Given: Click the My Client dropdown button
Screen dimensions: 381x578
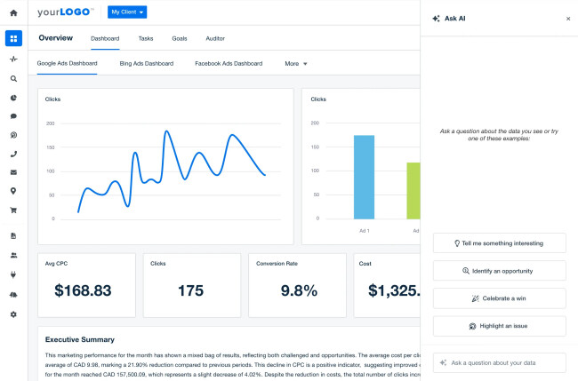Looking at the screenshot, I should click(128, 12).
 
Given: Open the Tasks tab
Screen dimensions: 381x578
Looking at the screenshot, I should click(146, 39).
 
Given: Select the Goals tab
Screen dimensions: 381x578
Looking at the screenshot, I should click(179, 39).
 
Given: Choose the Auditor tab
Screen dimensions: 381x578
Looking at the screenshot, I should click(214, 39).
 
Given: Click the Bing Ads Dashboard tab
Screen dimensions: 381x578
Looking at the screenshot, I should click(146, 64).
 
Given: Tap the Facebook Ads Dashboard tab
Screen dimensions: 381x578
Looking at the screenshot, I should click(228, 64).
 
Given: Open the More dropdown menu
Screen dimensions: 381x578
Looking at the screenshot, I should click(295, 64).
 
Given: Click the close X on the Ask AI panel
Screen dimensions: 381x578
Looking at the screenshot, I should click(568, 18).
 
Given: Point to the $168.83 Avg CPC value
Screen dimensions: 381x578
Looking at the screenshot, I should click(83, 290).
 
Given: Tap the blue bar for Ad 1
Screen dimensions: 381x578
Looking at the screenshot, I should click(364, 177).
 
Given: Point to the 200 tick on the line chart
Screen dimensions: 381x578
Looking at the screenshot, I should click(50, 123).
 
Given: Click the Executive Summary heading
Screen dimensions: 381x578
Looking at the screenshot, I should click(79, 339).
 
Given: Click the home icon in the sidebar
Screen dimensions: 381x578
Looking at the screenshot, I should click(12, 13).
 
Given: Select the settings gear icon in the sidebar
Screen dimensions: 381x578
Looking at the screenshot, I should click(12, 314).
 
